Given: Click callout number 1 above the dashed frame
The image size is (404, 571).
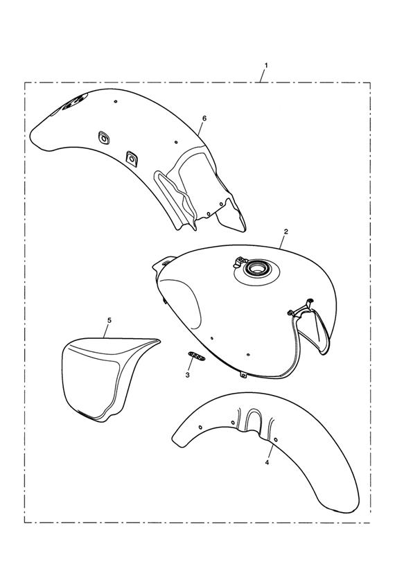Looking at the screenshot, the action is point(266,66).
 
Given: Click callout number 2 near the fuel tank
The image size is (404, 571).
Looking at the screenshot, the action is point(286,231).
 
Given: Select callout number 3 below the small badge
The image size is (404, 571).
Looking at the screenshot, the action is point(188,375).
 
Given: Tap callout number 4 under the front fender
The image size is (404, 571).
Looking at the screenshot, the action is point(267,462).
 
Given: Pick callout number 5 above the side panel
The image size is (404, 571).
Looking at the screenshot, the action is point(109,320).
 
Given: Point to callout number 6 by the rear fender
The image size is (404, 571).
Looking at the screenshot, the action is point(204,118).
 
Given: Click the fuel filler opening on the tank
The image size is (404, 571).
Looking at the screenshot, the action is point(256,269).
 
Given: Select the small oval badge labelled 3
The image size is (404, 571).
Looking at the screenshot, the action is point(197,356).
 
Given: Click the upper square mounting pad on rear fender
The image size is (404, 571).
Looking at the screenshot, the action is point(104,138).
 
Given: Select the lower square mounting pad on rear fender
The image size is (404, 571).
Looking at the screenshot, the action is point(131,158).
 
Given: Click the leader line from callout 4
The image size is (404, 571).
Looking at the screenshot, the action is point(270,450).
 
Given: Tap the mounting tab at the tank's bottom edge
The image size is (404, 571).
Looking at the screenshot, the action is point(243,375).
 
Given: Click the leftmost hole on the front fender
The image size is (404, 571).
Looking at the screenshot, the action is point(200,427).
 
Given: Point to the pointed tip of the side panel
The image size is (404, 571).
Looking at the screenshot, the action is point(159,340).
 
